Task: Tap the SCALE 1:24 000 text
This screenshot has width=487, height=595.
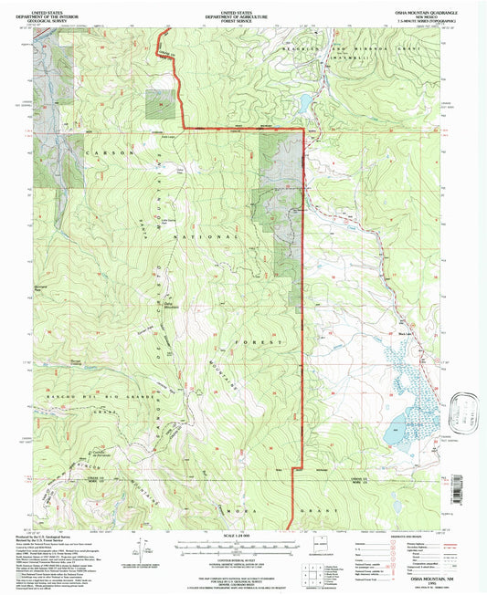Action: [x=243, y=534]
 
